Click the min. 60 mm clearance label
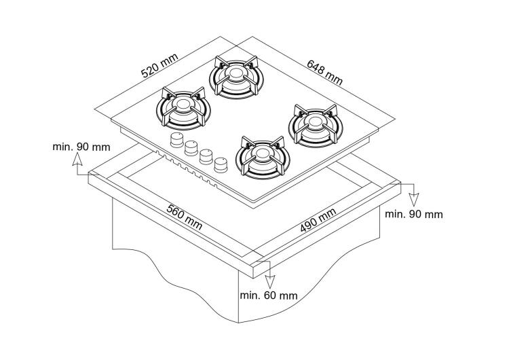[x=269, y=295]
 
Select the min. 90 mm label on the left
[x=80, y=147]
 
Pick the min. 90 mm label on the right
[x=414, y=215]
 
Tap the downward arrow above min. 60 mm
[x=270, y=278]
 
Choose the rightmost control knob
[x=220, y=164]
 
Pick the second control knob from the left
[x=191, y=148]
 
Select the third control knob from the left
[x=206, y=156]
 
